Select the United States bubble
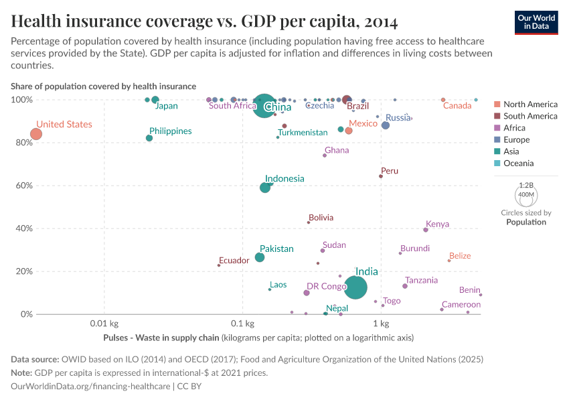point(36,134)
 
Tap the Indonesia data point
point(265,188)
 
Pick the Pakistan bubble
point(260,257)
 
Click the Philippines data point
point(149,138)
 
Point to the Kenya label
point(437,224)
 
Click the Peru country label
point(389,171)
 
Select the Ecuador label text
point(234,261)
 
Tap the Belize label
point(460,256)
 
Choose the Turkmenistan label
point(303,133)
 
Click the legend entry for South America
point(530,116)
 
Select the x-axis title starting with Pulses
point(258,338)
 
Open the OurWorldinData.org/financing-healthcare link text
point(91,387)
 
